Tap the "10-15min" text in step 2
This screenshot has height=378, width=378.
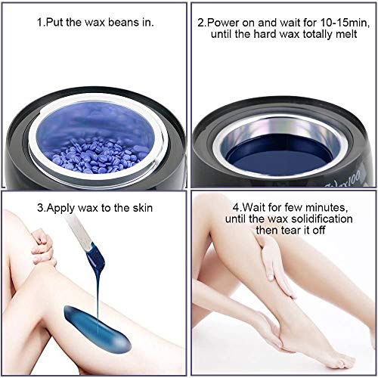(x=344, y=23)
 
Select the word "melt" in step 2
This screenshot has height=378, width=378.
(x=346, y=34)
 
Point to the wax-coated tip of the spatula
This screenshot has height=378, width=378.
(x=96, y=257)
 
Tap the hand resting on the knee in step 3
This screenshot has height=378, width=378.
(x=43, y=247)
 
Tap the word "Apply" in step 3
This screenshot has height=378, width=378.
(x=61, y=209)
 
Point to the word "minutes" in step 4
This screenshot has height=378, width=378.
(x=327, y=207)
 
